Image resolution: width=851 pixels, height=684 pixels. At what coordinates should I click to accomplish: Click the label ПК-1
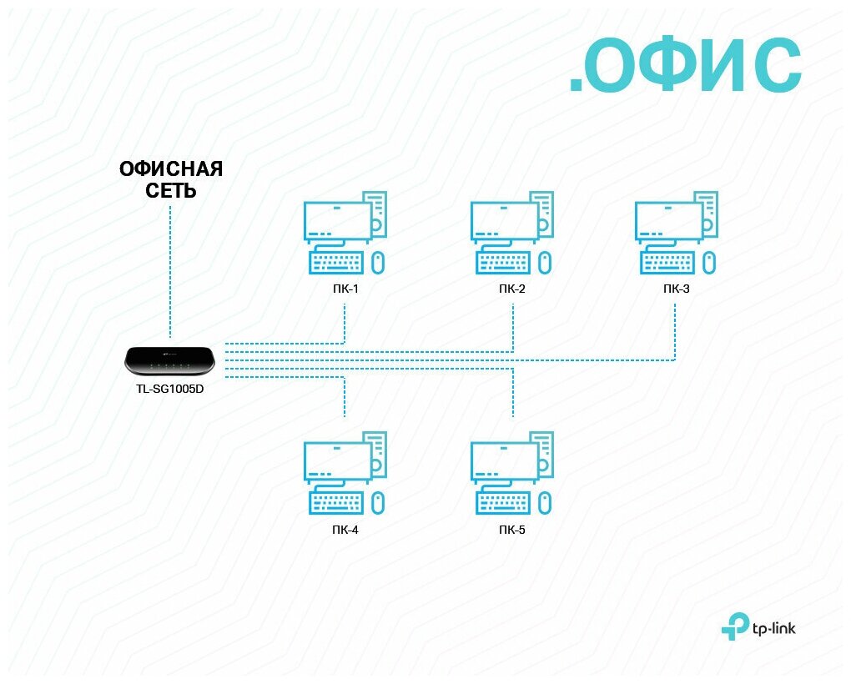[x=345, y=290]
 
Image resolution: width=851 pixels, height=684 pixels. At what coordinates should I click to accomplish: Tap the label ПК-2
[x=511, y=290]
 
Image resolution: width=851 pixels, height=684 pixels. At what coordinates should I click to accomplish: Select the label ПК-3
[x=676, y=290]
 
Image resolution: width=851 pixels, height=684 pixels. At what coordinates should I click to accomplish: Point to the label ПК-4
[x=345, y=530]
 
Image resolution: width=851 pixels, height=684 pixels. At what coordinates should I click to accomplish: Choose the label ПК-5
[x=511, y=530]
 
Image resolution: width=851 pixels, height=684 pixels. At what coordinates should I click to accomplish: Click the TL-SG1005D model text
[x=170, y=388]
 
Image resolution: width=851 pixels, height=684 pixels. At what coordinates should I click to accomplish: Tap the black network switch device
[x=170, y=360]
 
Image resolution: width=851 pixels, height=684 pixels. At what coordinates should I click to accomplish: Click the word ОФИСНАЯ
[x=171, y=169]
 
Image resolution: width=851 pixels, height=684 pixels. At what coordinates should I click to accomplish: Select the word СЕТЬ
[x=170, y=191]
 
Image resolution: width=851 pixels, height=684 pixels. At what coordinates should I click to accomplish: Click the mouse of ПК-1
[x=377, y=262]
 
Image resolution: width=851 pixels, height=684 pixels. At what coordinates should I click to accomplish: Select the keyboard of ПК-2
[x=502, y=263]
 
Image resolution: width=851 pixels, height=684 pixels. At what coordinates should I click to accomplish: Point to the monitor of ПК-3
[x=667, y=222]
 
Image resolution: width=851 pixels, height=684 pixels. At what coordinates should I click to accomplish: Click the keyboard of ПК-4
[x=336, y=502]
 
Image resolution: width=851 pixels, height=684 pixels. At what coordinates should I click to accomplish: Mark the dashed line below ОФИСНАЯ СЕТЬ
[x=170, y=267]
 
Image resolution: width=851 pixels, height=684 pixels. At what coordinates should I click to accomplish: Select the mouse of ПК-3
[x=708, y=262]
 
